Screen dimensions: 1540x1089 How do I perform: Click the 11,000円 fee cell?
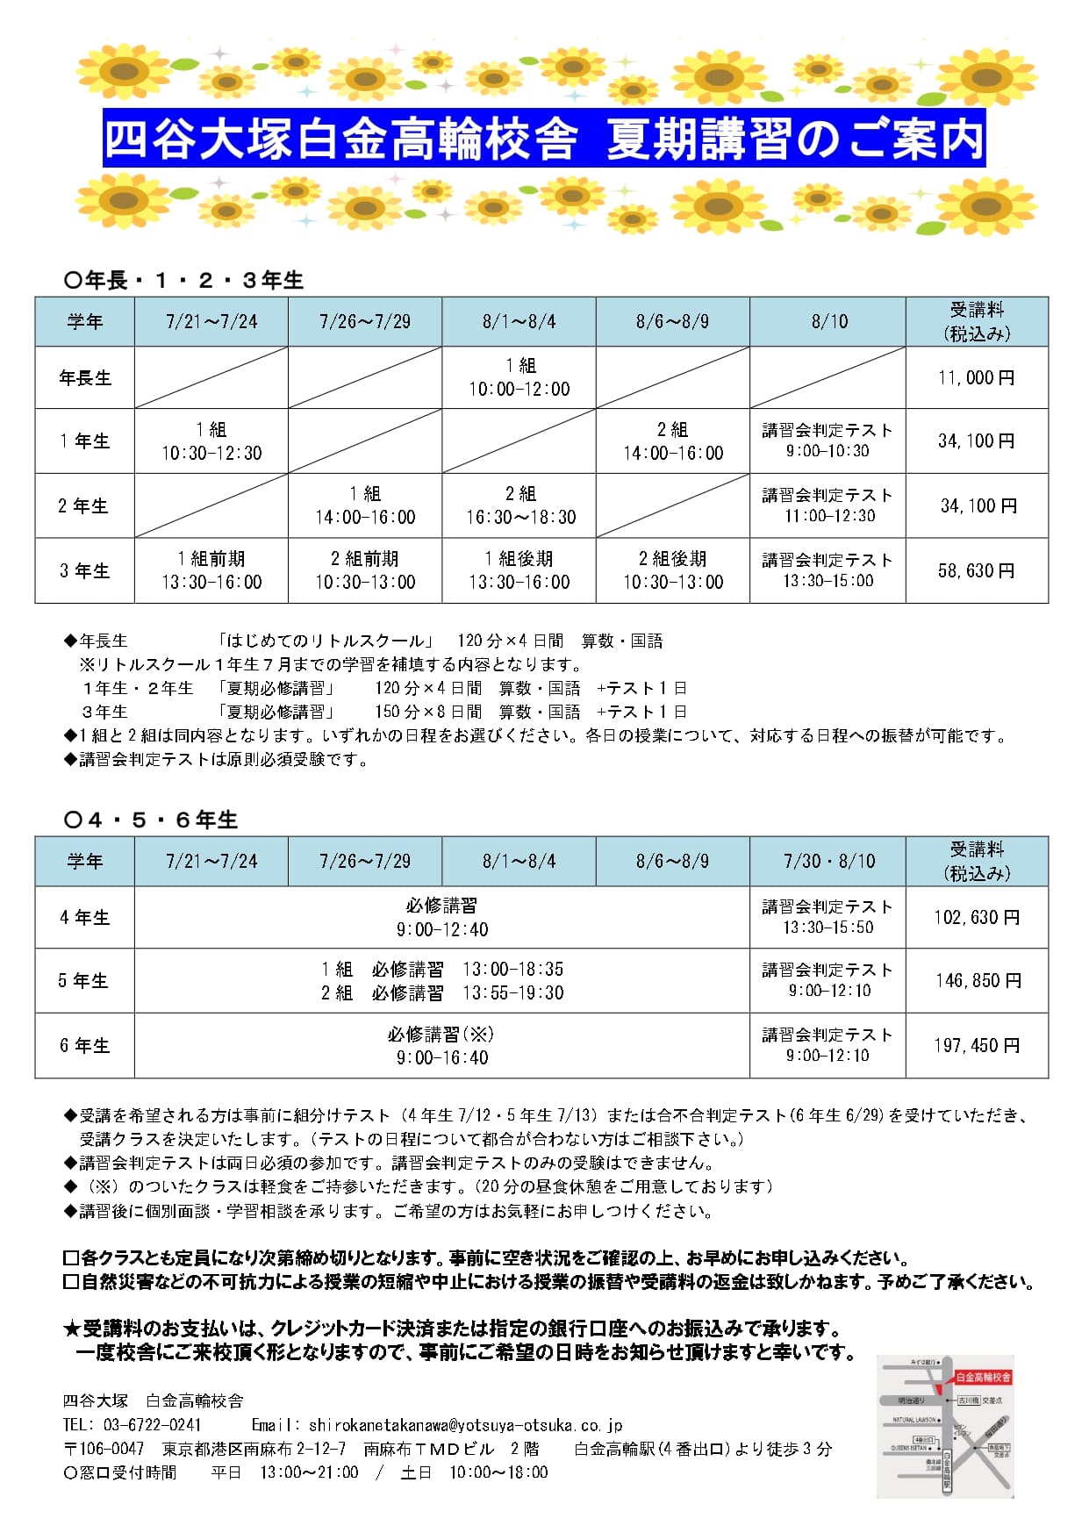(976, 377)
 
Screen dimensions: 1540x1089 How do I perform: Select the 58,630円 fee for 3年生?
(976, 570)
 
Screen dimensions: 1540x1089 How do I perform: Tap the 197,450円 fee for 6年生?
(977, 1045)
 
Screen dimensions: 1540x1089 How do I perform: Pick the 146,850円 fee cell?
(978, 980)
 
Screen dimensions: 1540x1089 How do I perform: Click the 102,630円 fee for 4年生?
(977, 917)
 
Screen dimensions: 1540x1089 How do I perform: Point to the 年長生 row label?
(85, 377)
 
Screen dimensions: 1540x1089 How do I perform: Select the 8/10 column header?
(828, 321)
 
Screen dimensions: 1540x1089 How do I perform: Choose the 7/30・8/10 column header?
(828, 861)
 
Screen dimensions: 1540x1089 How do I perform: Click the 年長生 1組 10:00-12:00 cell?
(519, 377)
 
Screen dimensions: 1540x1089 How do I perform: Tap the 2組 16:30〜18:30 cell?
(520, 505)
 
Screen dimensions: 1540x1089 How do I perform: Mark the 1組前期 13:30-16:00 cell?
(211, 570)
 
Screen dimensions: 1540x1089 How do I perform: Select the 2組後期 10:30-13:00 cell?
(673, 570)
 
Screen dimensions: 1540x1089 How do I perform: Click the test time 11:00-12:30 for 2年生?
(829, 516)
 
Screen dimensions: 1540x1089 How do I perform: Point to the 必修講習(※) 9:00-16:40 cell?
(442, 1045)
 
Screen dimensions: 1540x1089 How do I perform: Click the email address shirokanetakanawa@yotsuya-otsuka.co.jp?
(465, 1424)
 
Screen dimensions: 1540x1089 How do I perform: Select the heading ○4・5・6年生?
(151, 820)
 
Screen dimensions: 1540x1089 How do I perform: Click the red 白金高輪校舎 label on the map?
(983, 1377)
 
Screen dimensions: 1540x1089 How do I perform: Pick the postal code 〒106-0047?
(104, 1448)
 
